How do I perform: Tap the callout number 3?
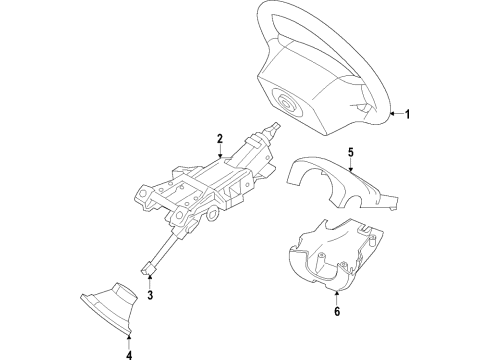click(150, 296)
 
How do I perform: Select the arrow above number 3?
click(150, 282)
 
